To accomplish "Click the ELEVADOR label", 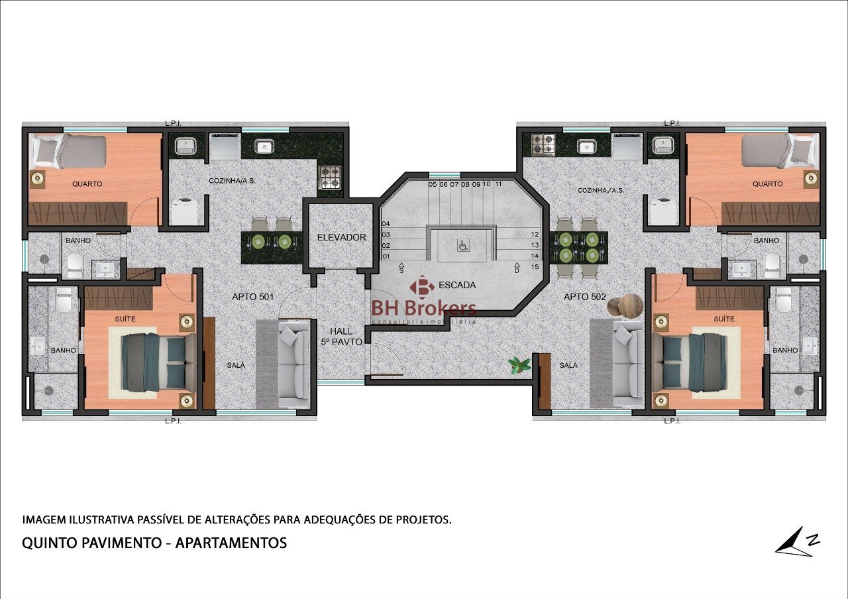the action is coord(341,237).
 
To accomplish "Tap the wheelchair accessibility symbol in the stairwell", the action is coord(462,245).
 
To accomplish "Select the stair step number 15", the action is coord(535,267).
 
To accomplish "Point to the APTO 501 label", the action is coord(252,297).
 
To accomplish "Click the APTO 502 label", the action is coord(585,297).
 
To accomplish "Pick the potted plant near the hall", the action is coord(519,365).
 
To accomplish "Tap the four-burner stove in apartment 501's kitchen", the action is coord(330,177).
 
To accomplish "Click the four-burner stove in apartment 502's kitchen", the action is coord(543,144).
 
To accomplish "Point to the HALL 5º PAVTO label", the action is coord(341,337).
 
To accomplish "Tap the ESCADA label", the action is coord(457,285).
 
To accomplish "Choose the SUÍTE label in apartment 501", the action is coord(125,319).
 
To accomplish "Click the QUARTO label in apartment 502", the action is coord(767,184).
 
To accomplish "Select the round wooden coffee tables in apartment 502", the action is coord(625,305).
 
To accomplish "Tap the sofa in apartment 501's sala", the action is coord(293,364).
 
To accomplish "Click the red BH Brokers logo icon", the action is coord(422,288).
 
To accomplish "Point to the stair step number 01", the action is coord(386,256).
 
